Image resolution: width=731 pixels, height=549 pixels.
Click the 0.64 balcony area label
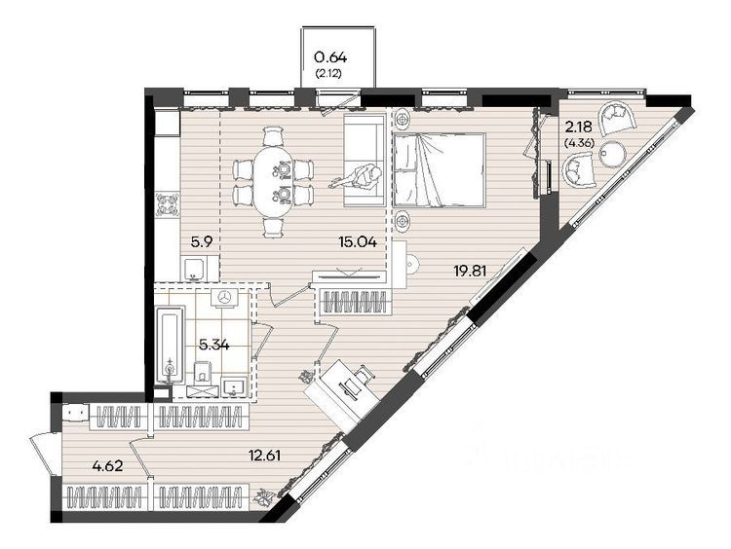[x=330, y=57]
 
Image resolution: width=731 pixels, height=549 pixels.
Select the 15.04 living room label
[x=358, y=241]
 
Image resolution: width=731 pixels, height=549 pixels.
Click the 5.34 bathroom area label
[x=214, y=345]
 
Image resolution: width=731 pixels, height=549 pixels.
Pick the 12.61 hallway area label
[x=264, y=455]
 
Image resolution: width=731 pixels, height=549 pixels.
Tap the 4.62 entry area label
[x=107, y=465]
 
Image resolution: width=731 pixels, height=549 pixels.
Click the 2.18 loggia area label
[x=579, y=126]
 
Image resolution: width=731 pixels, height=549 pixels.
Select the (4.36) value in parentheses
[x=579, y=143]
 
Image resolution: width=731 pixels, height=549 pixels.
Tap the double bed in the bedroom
[x=440, y=169]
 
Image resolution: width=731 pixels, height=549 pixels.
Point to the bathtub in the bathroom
[x=171, y=345]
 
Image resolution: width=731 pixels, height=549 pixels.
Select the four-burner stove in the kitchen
[x=168, y=204]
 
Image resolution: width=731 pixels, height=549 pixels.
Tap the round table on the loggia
[x=612, y=153]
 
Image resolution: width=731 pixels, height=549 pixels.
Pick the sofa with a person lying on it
[x=365, y=160]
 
